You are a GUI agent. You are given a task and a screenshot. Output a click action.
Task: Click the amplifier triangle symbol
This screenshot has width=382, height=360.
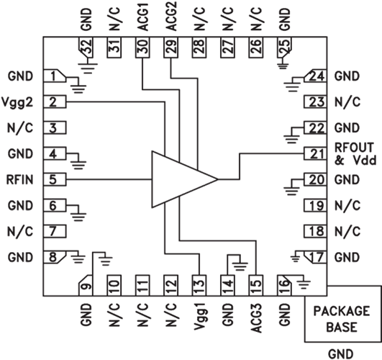(x=181, y=179)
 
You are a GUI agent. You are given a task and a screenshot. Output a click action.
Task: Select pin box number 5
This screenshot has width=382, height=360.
(x=55, y=179)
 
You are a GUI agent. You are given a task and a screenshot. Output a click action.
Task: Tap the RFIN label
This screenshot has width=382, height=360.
(x=19, y=180)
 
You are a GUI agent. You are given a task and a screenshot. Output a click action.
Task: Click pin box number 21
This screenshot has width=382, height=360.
(x=315, y=153)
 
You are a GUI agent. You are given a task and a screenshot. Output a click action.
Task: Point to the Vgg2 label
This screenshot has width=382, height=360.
(x=17, y=103)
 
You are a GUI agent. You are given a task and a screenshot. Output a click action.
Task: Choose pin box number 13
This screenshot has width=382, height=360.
(x=199, y=285)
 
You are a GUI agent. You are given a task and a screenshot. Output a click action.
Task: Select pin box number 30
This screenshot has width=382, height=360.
(x=142, y=48)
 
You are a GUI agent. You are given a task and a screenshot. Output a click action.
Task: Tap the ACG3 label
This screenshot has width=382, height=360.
(x=256, y=318)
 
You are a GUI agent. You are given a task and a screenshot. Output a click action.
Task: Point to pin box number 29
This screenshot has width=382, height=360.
(x=170, y=48)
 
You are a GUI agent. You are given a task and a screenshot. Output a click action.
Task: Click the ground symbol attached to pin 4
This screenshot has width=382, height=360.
(x=78, y=161)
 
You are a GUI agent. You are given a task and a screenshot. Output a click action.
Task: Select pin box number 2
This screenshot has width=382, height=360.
(x=55, y=102)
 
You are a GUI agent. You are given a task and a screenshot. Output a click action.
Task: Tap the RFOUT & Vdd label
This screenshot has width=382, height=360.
(x=355, y=154)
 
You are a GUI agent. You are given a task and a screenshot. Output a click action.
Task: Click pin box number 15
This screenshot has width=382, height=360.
(x=256, y=285)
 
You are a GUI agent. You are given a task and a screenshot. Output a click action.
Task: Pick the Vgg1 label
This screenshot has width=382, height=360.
(x=200, y=317)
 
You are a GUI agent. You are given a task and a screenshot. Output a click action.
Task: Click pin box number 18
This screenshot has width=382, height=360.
(x=315, y=231)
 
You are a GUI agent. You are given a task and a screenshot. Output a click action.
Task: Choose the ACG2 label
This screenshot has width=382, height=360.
(x=171, y=17)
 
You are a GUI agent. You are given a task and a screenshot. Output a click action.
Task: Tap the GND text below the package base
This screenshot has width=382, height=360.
(x=340, y=354)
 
